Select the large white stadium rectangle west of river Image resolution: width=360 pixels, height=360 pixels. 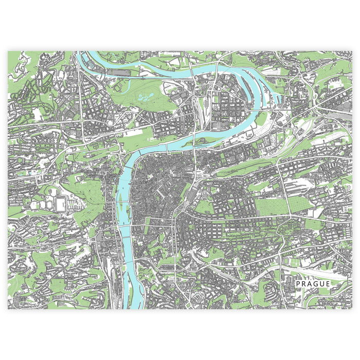(x=60, y=204)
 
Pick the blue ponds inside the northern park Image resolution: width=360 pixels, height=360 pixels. (x=146, y=96)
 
